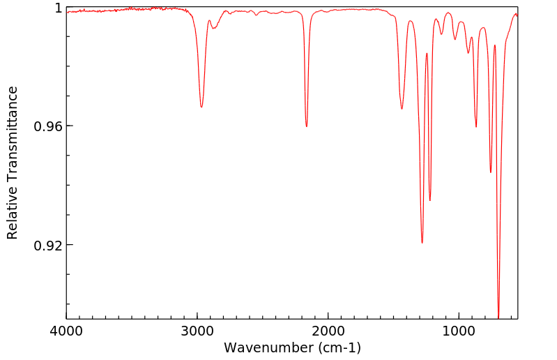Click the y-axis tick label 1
click(59, 8)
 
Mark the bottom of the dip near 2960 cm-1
click(201, 107)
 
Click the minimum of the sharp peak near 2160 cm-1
click(307, 126)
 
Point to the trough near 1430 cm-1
click(402, 109)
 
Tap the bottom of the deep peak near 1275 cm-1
click(422, 243)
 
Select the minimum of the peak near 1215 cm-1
click(430, 201)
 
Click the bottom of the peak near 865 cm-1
click(476, 127)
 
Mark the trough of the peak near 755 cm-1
click(491, 172)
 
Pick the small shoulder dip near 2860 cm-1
click(215, 28)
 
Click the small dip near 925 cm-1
click(468, 53)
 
